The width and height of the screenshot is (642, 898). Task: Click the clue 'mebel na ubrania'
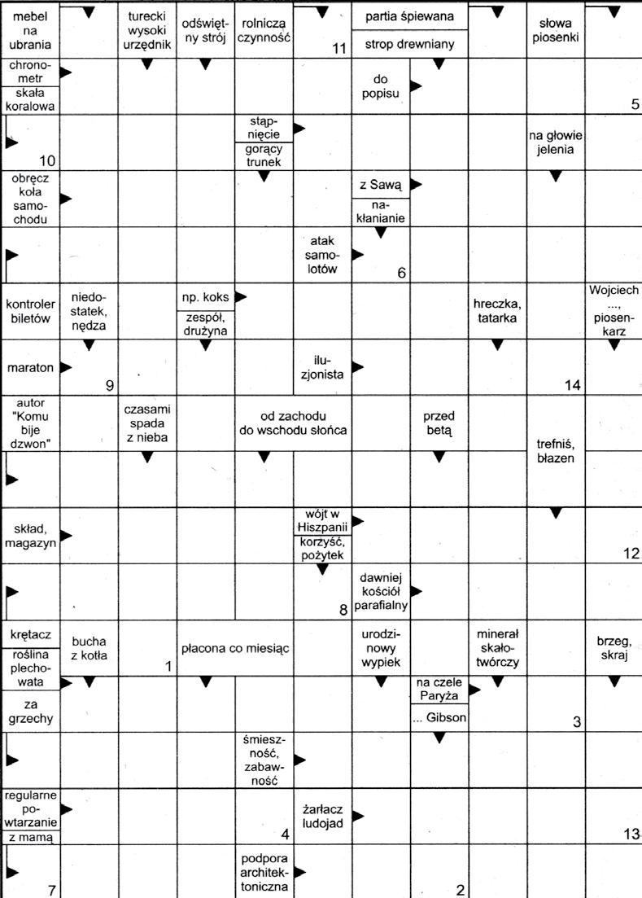31,29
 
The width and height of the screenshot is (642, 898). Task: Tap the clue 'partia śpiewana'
409,16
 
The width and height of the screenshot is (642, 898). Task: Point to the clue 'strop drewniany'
409,44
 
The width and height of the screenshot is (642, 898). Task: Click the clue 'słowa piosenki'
555,29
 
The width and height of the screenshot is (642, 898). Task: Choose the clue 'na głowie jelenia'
555,142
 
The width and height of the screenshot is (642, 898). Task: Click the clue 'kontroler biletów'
30,311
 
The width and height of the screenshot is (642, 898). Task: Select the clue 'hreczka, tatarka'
497,311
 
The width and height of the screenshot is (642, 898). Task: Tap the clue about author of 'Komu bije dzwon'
31,423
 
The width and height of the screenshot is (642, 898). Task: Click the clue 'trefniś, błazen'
556,450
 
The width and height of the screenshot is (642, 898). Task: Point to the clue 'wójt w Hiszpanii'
322,521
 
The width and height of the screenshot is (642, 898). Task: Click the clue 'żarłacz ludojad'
322,817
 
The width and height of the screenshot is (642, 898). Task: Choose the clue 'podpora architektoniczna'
264,872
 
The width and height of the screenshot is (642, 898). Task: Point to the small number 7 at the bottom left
50,890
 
